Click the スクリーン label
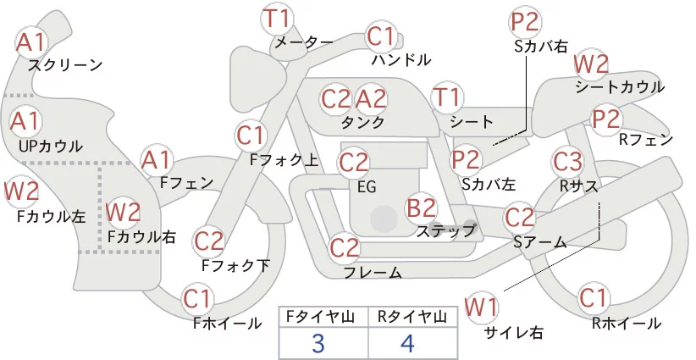65,65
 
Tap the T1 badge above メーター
277,19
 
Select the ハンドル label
400,59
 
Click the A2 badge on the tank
371,98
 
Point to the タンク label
362,122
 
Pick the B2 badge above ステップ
422,208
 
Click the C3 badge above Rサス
567,162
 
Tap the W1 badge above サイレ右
482,307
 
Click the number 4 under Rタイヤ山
407,343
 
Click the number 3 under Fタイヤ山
318,343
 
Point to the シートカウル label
620,86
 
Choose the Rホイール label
627,324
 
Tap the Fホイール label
227,324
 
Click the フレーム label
373,273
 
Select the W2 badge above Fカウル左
21,191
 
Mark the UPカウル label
51,146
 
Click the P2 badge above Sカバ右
525,22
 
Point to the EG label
367,187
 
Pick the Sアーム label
539,242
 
